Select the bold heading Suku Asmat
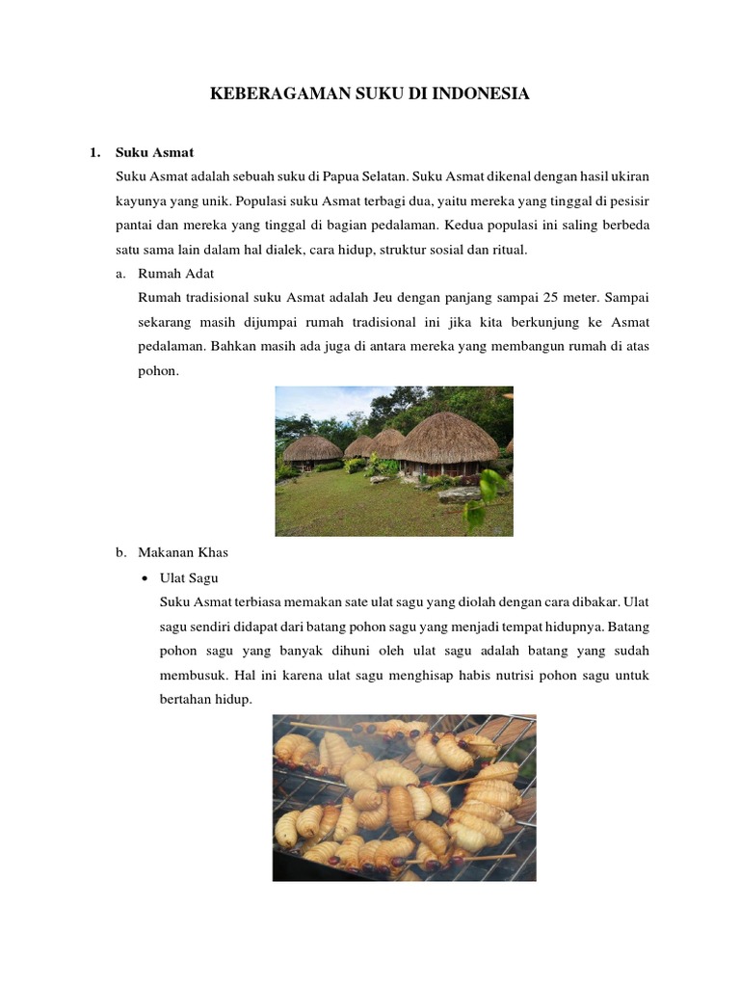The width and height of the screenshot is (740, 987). (154, 152)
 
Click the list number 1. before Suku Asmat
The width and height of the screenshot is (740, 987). (94, 152)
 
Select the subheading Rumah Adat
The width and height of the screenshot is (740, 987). (176, 274)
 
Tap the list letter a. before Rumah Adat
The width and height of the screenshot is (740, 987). (121, 274)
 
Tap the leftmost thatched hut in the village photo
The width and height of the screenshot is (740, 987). (311, 448)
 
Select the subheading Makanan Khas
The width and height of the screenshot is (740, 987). (183, 553)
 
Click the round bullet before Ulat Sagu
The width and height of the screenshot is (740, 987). (144, 578)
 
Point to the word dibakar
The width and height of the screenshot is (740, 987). (593, 602)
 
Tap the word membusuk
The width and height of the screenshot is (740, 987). (193, 676)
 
